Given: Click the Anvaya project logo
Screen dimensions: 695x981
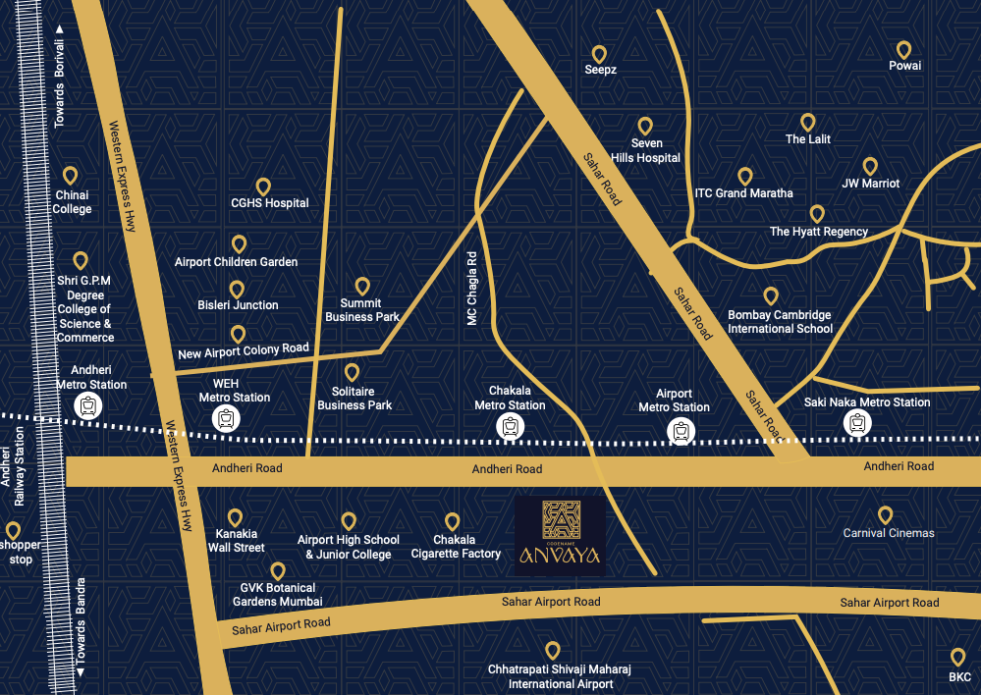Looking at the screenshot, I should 561,536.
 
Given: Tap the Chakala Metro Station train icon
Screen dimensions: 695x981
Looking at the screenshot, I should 510,427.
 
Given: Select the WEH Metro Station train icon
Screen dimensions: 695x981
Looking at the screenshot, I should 227,419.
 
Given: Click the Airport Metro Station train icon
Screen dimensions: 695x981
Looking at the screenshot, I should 680,429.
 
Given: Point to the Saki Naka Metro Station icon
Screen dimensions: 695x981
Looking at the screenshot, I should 857,423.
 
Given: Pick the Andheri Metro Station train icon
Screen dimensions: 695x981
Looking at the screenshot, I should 90,404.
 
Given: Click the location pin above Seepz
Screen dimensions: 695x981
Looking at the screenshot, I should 599,55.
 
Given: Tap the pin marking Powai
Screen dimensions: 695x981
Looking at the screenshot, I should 904,50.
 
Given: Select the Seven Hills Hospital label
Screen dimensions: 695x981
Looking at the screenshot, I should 645,151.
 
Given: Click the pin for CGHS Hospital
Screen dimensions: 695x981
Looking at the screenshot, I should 263,187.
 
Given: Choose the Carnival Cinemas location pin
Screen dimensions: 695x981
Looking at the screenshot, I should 885,515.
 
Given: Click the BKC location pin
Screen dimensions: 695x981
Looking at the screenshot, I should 958,658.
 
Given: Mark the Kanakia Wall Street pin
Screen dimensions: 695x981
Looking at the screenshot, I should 235,517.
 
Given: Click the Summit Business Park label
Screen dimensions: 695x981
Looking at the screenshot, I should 362,310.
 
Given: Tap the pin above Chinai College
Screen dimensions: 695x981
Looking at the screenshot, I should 71,176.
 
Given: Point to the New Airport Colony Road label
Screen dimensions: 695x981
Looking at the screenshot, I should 244,350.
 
